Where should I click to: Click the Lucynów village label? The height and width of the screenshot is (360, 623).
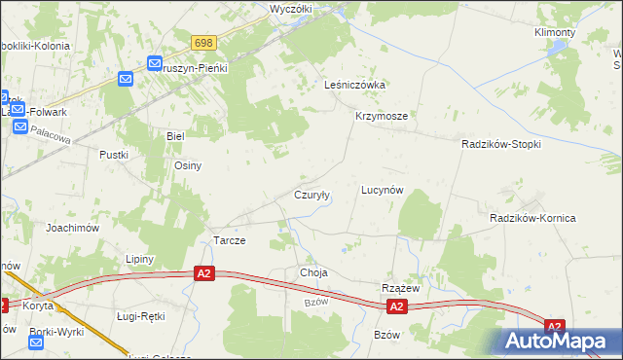click(382, 191)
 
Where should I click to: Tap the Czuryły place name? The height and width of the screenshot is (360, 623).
click(312, 195)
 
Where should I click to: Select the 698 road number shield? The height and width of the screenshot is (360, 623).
click(203, 43)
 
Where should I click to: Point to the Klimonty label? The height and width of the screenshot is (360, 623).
click(555, 32)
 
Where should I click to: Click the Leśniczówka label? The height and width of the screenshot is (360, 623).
click(354, 85)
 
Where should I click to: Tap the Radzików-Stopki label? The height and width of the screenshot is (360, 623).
click(500, 143)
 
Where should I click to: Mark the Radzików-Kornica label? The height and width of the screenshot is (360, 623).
click(532, 218)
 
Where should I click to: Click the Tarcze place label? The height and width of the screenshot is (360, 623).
click(229, 240)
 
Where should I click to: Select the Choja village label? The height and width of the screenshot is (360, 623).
click(313, 273)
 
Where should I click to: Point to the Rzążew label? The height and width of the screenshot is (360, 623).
click(399, 288)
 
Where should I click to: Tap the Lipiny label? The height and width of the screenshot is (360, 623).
click(141, 259)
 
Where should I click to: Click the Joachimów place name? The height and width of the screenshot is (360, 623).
click(73, 227)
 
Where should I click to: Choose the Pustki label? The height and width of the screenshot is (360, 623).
click(114, 154)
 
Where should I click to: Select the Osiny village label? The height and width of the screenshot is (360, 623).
click(187, 165)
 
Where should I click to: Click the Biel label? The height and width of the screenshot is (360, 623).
click(175, 136)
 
